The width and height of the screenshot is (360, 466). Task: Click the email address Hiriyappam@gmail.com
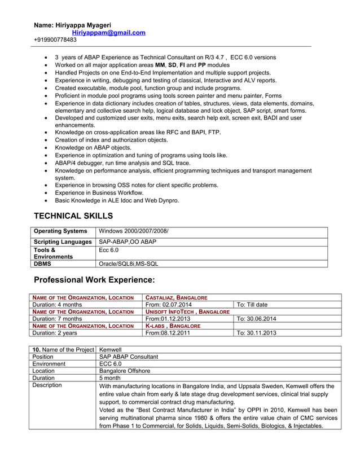(x=108, y=33)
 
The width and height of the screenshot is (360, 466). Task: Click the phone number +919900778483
(x=55, y=40)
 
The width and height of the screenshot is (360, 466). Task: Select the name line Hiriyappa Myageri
(x=72, y=25)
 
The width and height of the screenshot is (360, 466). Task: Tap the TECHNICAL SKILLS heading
(x=73, y=216)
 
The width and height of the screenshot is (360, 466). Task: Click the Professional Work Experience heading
(x=94, y=280)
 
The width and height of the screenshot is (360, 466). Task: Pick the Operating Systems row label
(x=61, y=231)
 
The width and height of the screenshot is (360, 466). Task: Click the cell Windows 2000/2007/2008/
(x=133, y=231)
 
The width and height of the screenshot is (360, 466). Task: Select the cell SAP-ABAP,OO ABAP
(x=128, y=241)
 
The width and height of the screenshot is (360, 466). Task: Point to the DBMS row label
(x=44, y=263)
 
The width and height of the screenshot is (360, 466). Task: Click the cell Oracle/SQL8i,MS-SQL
(x=129, y=263)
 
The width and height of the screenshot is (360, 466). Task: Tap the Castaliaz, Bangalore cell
(x=176, y=297)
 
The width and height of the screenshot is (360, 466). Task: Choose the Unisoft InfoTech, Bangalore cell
(x=187, y=311)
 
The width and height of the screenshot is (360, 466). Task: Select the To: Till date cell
(x=252, y=305)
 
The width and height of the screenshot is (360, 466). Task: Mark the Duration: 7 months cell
(x=57, y=319)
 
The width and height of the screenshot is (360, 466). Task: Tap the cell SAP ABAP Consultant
(x=129, y=357)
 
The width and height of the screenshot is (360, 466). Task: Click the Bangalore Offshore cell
(x=125, y=371)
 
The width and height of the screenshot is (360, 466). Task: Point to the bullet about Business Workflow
(x=99, y=192)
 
